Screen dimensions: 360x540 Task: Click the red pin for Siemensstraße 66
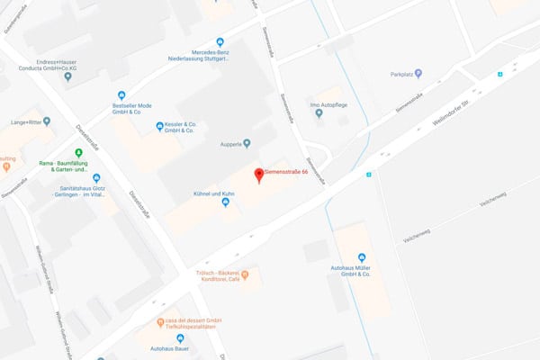click(258, 175)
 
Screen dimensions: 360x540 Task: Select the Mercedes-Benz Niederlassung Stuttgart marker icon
click(220, 41)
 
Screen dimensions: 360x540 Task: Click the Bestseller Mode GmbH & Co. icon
click(122, 95)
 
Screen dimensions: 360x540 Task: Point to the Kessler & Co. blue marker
click(159, 126)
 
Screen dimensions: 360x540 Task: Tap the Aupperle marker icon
click(247, 143)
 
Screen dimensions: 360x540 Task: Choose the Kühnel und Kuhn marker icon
click(225, 202)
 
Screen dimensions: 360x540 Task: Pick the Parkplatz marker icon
click(392, 74)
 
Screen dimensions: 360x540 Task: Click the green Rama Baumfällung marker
click(79, 152)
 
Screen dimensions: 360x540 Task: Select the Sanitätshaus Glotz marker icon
click(96, 178)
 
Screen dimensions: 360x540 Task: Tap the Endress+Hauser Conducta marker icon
click(67, 77)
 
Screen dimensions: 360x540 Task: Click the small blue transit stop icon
click(368, 175)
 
